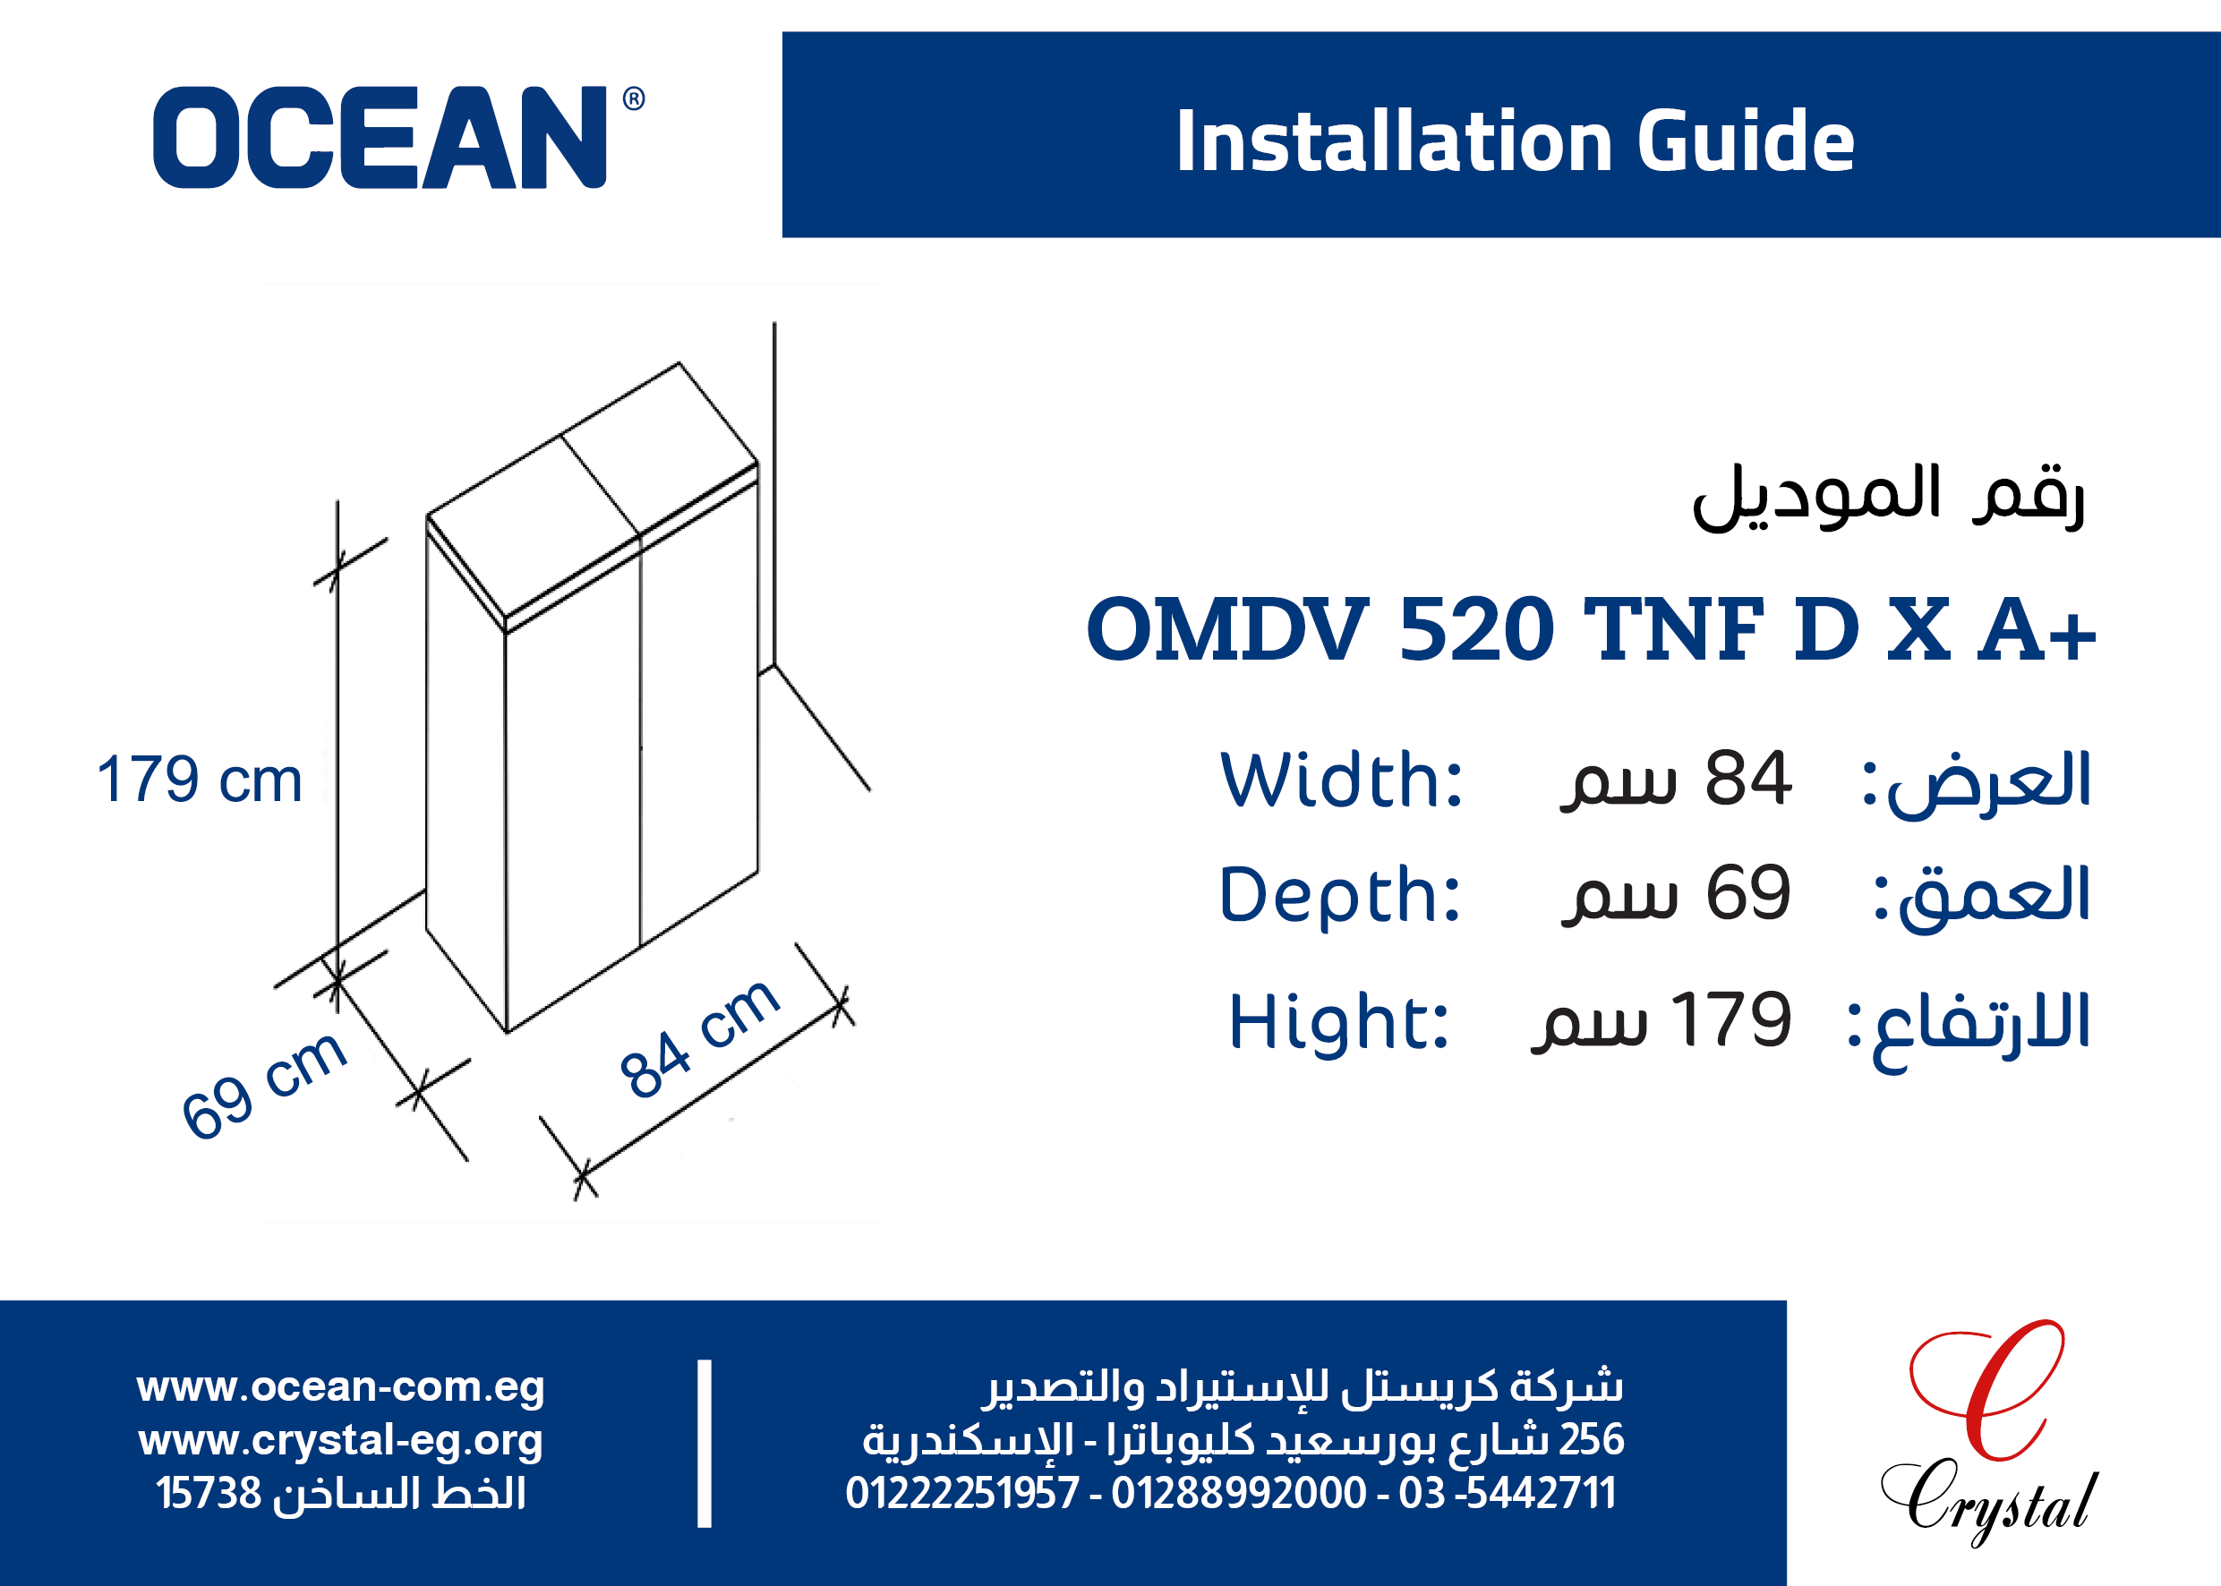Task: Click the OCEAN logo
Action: coord(398,137)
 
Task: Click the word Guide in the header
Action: coord(1746,141)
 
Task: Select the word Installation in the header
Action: coord(1394,141)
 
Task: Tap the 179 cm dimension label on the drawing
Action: coord(200,780)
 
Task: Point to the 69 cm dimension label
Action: coord(264,1085)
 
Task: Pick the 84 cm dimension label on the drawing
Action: coord(699,1037)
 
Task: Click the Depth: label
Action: coord(1340,893)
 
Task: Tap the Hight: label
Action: coord(1338,1021)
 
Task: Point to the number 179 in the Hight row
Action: coord(1731,1019)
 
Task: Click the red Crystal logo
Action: coord(1989,1434)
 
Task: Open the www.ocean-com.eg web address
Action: coord(340,1386)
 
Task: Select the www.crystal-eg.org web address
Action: coord(340,1440)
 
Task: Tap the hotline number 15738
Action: coord(209,1493)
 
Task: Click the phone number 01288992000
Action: coord(1238,1493)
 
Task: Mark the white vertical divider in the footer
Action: coord(705,1443)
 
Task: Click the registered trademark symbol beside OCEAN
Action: coord(634,98)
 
